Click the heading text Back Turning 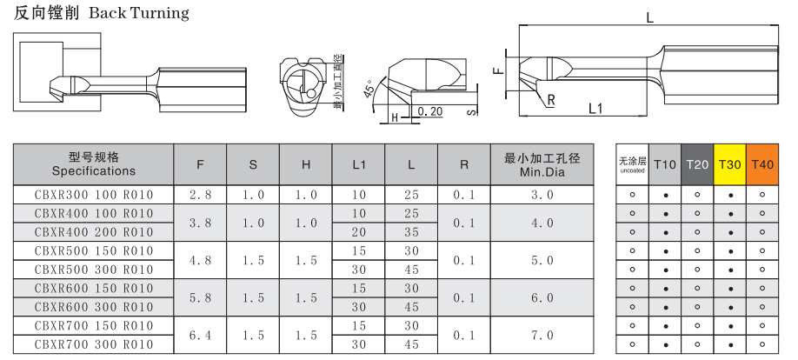(x=139, y=13)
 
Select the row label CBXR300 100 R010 (x=94, y=195)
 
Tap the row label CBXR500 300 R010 (x=94, y=270)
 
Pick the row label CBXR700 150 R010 (x=94, y=325)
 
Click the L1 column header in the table (x=359, y=165)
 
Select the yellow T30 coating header (x=730, y=164)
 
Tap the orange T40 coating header (x=761, y=164)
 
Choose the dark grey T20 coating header (x=697, y=164)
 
